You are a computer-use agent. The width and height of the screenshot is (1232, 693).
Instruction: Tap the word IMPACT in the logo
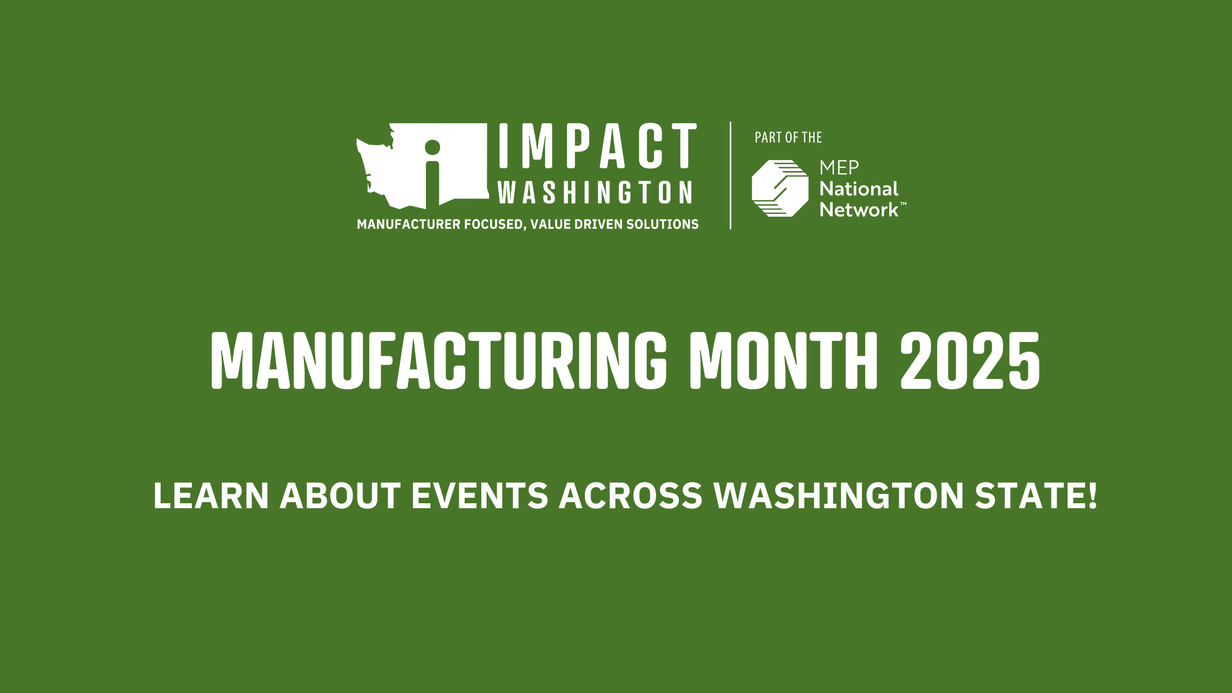598,146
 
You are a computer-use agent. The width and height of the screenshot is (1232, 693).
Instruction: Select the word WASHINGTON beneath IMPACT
595,192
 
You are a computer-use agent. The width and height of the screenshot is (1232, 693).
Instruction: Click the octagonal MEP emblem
780,188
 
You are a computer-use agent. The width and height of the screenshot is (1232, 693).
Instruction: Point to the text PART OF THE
788,137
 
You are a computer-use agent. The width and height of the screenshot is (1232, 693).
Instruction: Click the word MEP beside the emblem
839,167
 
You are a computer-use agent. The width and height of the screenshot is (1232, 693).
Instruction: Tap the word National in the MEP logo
859,189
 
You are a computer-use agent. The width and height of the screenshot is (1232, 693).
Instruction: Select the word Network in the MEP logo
860,210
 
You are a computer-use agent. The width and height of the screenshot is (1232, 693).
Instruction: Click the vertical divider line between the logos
730,175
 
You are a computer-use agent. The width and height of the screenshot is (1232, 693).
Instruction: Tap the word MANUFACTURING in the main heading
438,361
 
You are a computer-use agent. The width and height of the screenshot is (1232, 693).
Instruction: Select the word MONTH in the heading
784,361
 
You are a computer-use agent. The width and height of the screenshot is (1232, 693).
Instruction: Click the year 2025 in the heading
970,361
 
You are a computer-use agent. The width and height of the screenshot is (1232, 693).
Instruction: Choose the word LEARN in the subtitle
211,496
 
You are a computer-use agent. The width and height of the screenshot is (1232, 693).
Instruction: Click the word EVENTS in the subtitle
480,496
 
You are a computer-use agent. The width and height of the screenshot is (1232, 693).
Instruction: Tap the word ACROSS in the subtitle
631,496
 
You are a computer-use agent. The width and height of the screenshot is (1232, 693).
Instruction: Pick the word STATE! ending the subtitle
1036,496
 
